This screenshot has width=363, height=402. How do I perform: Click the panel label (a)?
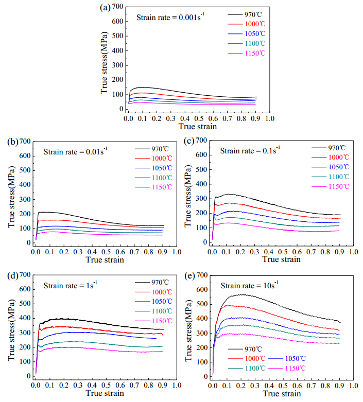105,8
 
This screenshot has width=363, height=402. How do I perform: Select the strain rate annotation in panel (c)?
250,151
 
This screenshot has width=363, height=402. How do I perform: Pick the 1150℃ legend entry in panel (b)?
161,187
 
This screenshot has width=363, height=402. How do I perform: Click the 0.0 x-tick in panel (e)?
212,385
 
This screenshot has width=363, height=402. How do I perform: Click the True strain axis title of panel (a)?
198,126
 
